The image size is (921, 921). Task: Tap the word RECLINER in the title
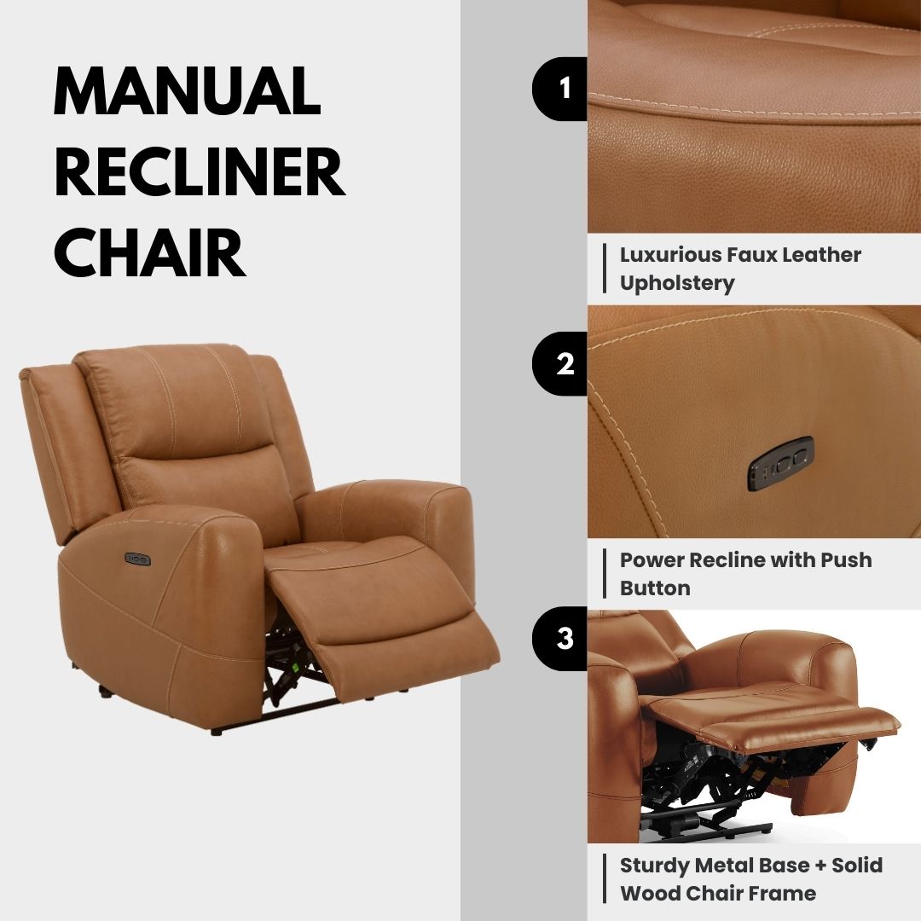(x=199, y=172)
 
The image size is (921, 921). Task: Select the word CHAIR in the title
(x=149, y=253)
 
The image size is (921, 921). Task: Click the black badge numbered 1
(x=563, y=89)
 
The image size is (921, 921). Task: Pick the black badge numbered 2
(x=563, y=364)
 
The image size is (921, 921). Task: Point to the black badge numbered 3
(x=563, y=639)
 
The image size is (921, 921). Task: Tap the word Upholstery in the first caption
(x=677, y=283)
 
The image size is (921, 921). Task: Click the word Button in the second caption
(x=655, y=588)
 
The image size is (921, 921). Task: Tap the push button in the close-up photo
(x=780, y=464)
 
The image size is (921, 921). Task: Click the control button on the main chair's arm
(x=137, y=559)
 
